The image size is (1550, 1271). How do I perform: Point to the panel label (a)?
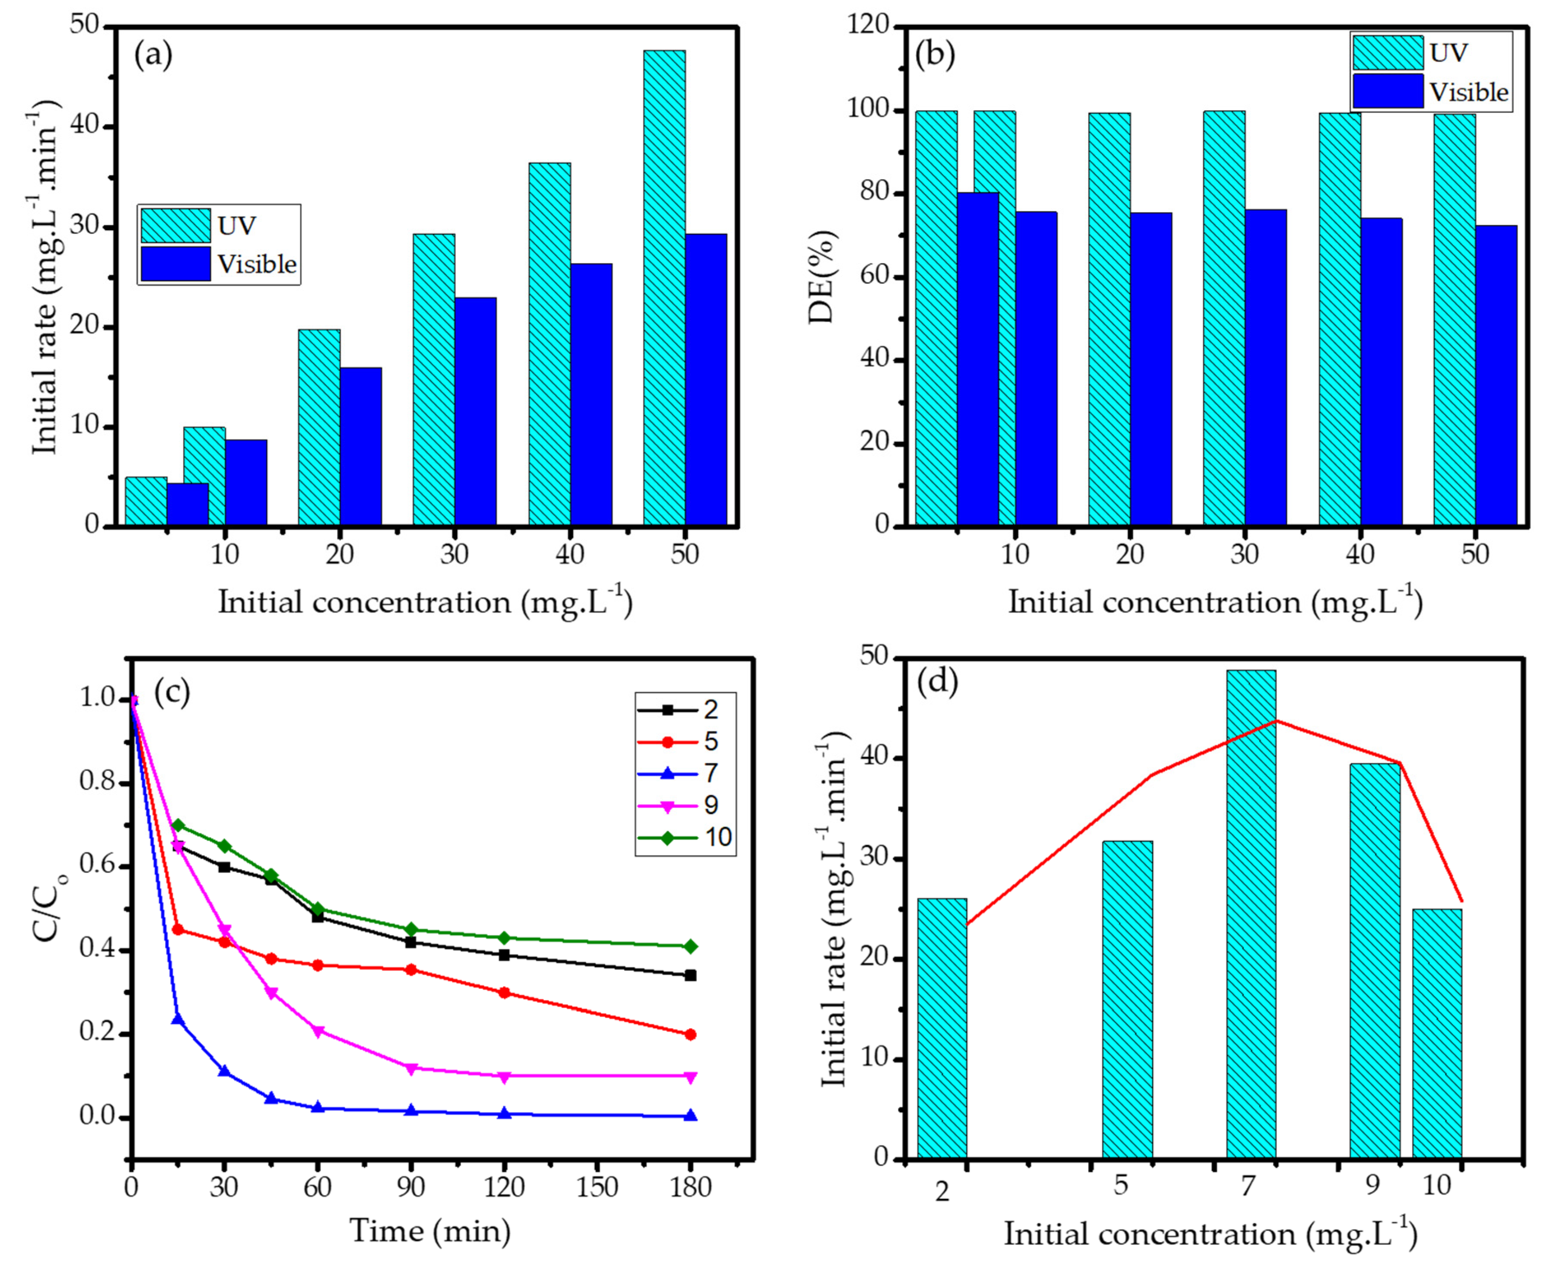pyautogui.click(x=153, y=56)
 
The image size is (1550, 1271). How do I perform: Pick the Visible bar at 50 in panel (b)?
pyautogui.click(x=1496, y=375)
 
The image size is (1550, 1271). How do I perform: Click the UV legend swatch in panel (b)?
pyautogui.click(x=1388, y=53)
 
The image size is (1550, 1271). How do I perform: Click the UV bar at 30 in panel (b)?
pyautogui.click(x=1223, y=318)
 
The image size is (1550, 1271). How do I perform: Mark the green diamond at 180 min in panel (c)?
pyautogui.click(x=690, y=947)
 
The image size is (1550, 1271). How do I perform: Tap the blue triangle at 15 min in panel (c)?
pyautogui.click(x=177, y=1019)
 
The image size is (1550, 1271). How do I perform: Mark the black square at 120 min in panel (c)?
pyautogui.click(x=504, y=955)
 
